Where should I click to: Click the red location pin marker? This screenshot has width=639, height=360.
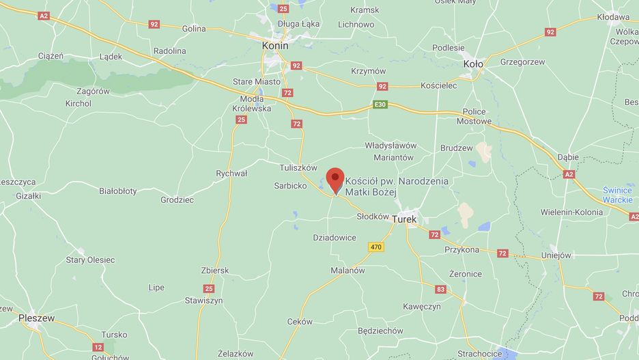335,179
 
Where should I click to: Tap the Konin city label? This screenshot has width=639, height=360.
275,45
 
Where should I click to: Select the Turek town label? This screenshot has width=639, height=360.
404,219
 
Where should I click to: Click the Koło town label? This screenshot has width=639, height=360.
472,64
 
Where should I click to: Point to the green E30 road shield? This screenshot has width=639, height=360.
380,105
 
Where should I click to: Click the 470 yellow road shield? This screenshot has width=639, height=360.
375,247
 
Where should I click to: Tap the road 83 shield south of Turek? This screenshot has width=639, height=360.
440,290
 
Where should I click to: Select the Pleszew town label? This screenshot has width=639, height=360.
35,318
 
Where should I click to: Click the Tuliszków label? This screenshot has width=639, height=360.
298,167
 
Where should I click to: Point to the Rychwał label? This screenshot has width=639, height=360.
231,174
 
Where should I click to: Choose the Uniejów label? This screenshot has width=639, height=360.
556,255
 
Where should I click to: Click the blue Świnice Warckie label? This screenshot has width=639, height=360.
617,195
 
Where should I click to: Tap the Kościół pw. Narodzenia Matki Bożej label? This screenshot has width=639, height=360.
397,186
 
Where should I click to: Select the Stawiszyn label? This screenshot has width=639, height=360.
203,300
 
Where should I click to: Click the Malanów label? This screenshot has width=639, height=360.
347,271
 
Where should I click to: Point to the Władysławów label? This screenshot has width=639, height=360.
390,146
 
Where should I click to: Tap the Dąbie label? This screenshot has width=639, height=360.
567,157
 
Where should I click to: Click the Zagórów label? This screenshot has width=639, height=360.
93,91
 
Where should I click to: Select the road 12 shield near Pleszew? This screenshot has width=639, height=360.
98,347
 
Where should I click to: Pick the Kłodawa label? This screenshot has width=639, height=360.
613,17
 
